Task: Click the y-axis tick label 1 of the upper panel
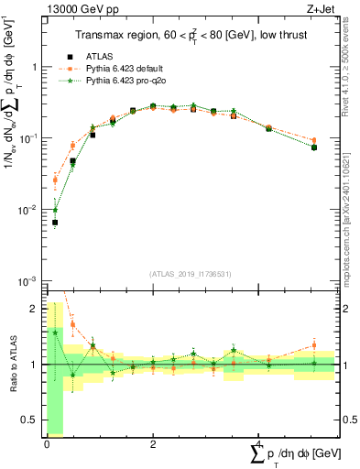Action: pyautogui.click(x=35, y=68)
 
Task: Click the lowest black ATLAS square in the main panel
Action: pyautogui.click(x=55, y=223)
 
